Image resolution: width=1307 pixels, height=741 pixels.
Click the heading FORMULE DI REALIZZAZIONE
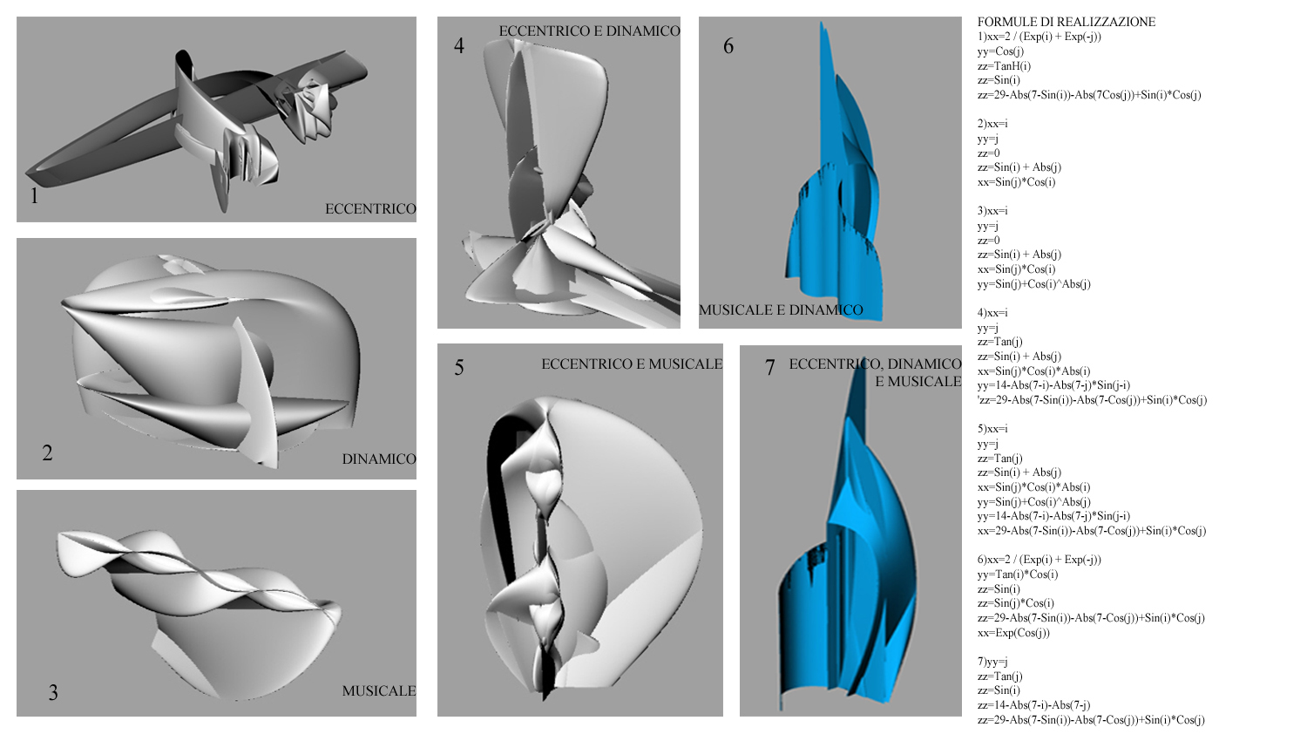(x=1066, y=22)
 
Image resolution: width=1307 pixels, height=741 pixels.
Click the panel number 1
(x=34, y=195)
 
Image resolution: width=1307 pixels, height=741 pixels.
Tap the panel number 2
(x=47, y=452)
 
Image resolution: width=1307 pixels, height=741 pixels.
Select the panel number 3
(x=53, y=692)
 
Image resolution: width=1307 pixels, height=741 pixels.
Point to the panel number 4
(x=459, y=45)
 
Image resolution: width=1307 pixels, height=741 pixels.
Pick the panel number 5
(x=459, y=367)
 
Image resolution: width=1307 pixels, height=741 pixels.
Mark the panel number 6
(x=728, y=45)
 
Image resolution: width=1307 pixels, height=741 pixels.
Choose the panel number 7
(x=769, y=367)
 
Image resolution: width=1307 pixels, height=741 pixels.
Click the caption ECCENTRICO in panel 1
(x=370, y=209)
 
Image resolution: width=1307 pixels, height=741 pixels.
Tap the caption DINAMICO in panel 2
(x=378, y=459)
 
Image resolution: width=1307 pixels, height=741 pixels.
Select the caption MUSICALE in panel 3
(x=378, y=691)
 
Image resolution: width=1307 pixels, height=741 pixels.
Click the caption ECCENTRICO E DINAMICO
(x=589, y=31)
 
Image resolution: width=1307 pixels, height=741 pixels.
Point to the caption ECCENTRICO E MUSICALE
(x=632, y=364)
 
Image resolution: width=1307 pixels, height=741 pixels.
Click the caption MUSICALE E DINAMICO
(x=781, y=310)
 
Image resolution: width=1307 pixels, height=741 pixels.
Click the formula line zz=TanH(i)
(x=1004, y=65)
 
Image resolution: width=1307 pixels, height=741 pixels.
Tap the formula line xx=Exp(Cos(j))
(x=1013, y=633)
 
